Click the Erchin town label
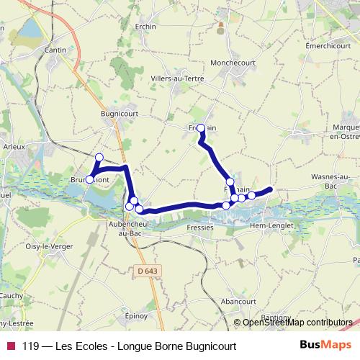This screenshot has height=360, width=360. coord(145,27)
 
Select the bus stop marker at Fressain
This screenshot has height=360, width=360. coord(201,128)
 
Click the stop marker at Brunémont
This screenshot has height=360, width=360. coord(90,179)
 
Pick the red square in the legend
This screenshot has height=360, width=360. coord(10,346)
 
